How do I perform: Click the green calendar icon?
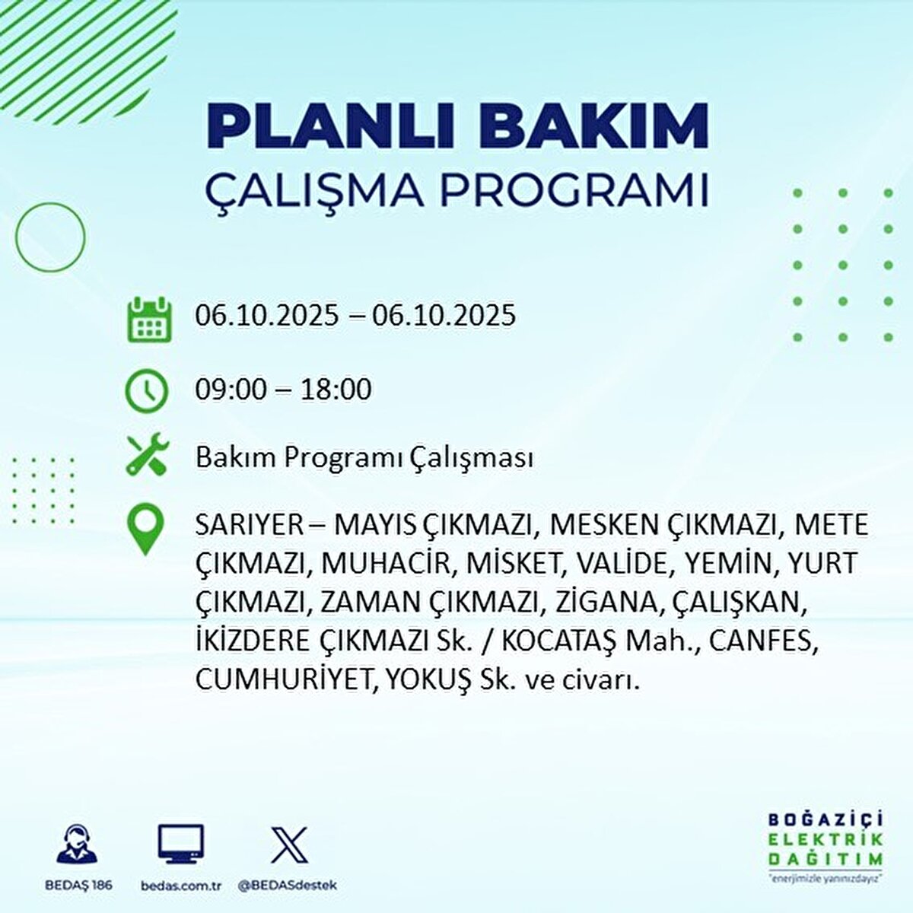coord(149,319)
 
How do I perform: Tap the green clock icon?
coord(146,390)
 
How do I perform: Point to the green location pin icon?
coord(145,530)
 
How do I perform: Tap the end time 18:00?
coord(335,390)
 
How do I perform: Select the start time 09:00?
coord(231,390)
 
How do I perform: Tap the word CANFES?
coord(764,641)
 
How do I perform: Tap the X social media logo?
coord(289,845)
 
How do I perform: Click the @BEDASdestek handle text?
coord(287,886)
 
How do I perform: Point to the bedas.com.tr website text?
coord(180,886)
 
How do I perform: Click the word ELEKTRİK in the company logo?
coord(826,839)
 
